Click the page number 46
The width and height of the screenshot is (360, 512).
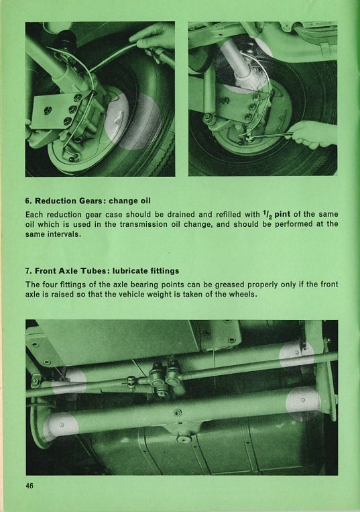tap(29, 486)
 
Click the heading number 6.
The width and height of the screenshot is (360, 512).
tap(28, 201)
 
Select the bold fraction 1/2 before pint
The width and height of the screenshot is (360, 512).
tap(267, 214)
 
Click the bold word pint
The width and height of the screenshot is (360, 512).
tap(282, 214)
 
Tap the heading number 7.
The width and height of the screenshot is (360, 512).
tap(28, 270)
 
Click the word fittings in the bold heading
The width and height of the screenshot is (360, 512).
tap(165, 270)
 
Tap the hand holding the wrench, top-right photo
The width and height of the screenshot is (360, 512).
tap(314, 134)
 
